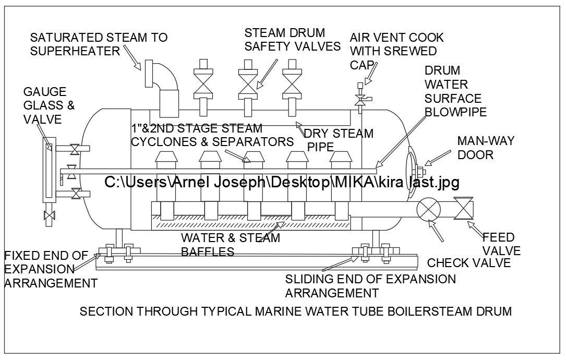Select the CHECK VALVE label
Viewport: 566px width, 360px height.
tap(468, 262)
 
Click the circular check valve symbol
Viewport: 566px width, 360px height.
tap(428, 209)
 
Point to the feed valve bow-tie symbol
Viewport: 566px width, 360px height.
tap(463, 209)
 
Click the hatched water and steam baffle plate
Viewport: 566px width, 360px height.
tap(250, 224)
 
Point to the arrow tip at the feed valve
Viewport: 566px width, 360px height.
tap(468, 223)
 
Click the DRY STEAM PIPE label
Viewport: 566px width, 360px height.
tap(339, 140)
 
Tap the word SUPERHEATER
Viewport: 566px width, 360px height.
tap(75, 51)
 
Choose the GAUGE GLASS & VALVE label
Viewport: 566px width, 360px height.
tap(49, 105)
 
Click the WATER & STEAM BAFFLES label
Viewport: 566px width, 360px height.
tap(230, 245)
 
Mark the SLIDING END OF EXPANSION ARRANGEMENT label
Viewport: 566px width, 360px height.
tap(370, 285)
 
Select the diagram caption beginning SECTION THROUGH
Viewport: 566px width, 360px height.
tap(295, 311)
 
